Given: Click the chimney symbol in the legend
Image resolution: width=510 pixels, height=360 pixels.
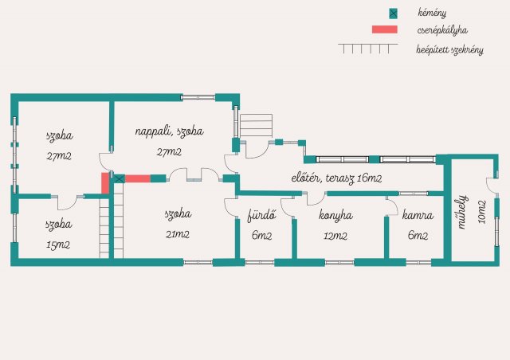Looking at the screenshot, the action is pos(393,14).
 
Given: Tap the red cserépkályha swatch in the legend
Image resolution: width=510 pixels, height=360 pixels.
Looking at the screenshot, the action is pos(385,29).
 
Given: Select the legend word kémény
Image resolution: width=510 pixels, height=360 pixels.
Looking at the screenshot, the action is pos(432,13).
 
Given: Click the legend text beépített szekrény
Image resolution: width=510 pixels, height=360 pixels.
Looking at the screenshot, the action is pos(449,49).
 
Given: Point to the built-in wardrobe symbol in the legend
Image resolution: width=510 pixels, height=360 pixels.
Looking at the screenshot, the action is pos(368,49).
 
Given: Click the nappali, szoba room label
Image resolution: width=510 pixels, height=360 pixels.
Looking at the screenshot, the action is pos(169,131).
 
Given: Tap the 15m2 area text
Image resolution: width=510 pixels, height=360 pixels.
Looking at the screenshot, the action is pos(58,245).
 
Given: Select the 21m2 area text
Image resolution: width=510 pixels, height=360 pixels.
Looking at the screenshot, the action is pos(177,234).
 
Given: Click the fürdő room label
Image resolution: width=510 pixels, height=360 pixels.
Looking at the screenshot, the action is pos(262,215).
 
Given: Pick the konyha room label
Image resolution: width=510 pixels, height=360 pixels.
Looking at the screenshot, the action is pos(335,215).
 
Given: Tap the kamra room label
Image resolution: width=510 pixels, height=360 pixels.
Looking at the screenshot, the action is pos(418,215).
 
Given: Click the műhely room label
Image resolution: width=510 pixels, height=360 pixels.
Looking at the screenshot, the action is pos(463,212).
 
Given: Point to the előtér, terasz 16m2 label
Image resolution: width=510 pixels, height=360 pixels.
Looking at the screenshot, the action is pos(336,178).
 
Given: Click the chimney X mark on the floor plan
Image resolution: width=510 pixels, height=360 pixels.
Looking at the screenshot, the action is pos(120,178).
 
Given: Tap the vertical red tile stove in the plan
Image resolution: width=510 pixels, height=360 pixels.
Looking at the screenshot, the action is pos(105,183).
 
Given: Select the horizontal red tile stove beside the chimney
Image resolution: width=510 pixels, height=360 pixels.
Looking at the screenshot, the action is pos(138,178).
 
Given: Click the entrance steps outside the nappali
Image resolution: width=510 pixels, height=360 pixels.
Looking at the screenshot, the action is pos(256,126).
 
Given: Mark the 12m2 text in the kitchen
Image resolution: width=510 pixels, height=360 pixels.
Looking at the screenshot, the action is pos(335,236).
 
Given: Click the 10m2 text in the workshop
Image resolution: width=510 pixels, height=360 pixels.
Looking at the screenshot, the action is pos(482,212).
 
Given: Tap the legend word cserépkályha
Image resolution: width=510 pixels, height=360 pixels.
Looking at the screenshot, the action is pos(442,30).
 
